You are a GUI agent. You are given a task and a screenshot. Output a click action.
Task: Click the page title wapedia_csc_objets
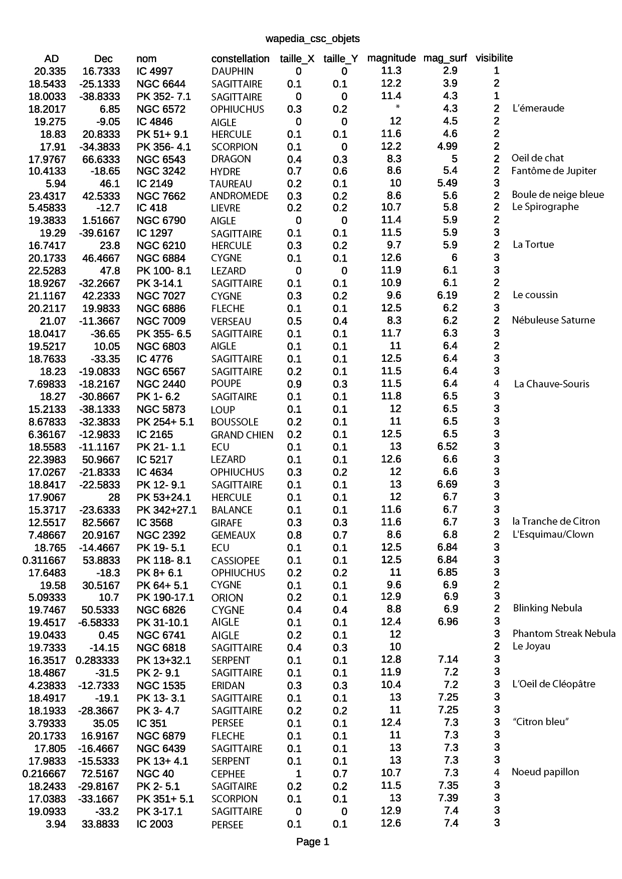(x=312, y=39)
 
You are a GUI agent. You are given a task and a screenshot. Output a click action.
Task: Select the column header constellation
(x=240, y=59)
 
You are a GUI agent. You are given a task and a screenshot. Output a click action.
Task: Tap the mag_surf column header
(x=445, y=58)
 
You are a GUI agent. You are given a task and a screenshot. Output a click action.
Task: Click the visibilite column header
(x=494, y=58)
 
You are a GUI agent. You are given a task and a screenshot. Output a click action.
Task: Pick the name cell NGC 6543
(x=161, y=159)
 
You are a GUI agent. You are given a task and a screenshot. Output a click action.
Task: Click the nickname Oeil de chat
(x=537, y=158)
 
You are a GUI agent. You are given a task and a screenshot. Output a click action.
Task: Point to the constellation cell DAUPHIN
(x=232, y=71)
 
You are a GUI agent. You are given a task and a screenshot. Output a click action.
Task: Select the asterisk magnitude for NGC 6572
(x=397, y=107)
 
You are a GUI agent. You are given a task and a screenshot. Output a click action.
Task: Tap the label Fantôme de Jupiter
(x=553, y=171)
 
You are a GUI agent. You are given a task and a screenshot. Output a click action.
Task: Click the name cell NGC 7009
(x=161, y=321)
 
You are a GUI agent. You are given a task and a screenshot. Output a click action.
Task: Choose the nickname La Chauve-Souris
(x=551, y=384)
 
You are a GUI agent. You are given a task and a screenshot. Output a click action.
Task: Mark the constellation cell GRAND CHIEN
(x=242, y=435)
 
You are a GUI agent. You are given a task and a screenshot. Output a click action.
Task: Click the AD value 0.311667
(x=44, y=560)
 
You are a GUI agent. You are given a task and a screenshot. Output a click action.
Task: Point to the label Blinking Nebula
(x=547, y=608)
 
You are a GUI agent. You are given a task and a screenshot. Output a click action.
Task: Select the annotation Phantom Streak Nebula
(x=564, y=634)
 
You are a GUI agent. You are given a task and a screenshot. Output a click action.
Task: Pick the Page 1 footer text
(x=312, y=842)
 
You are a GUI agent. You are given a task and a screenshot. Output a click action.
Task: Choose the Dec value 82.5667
(x=101, y=522)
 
